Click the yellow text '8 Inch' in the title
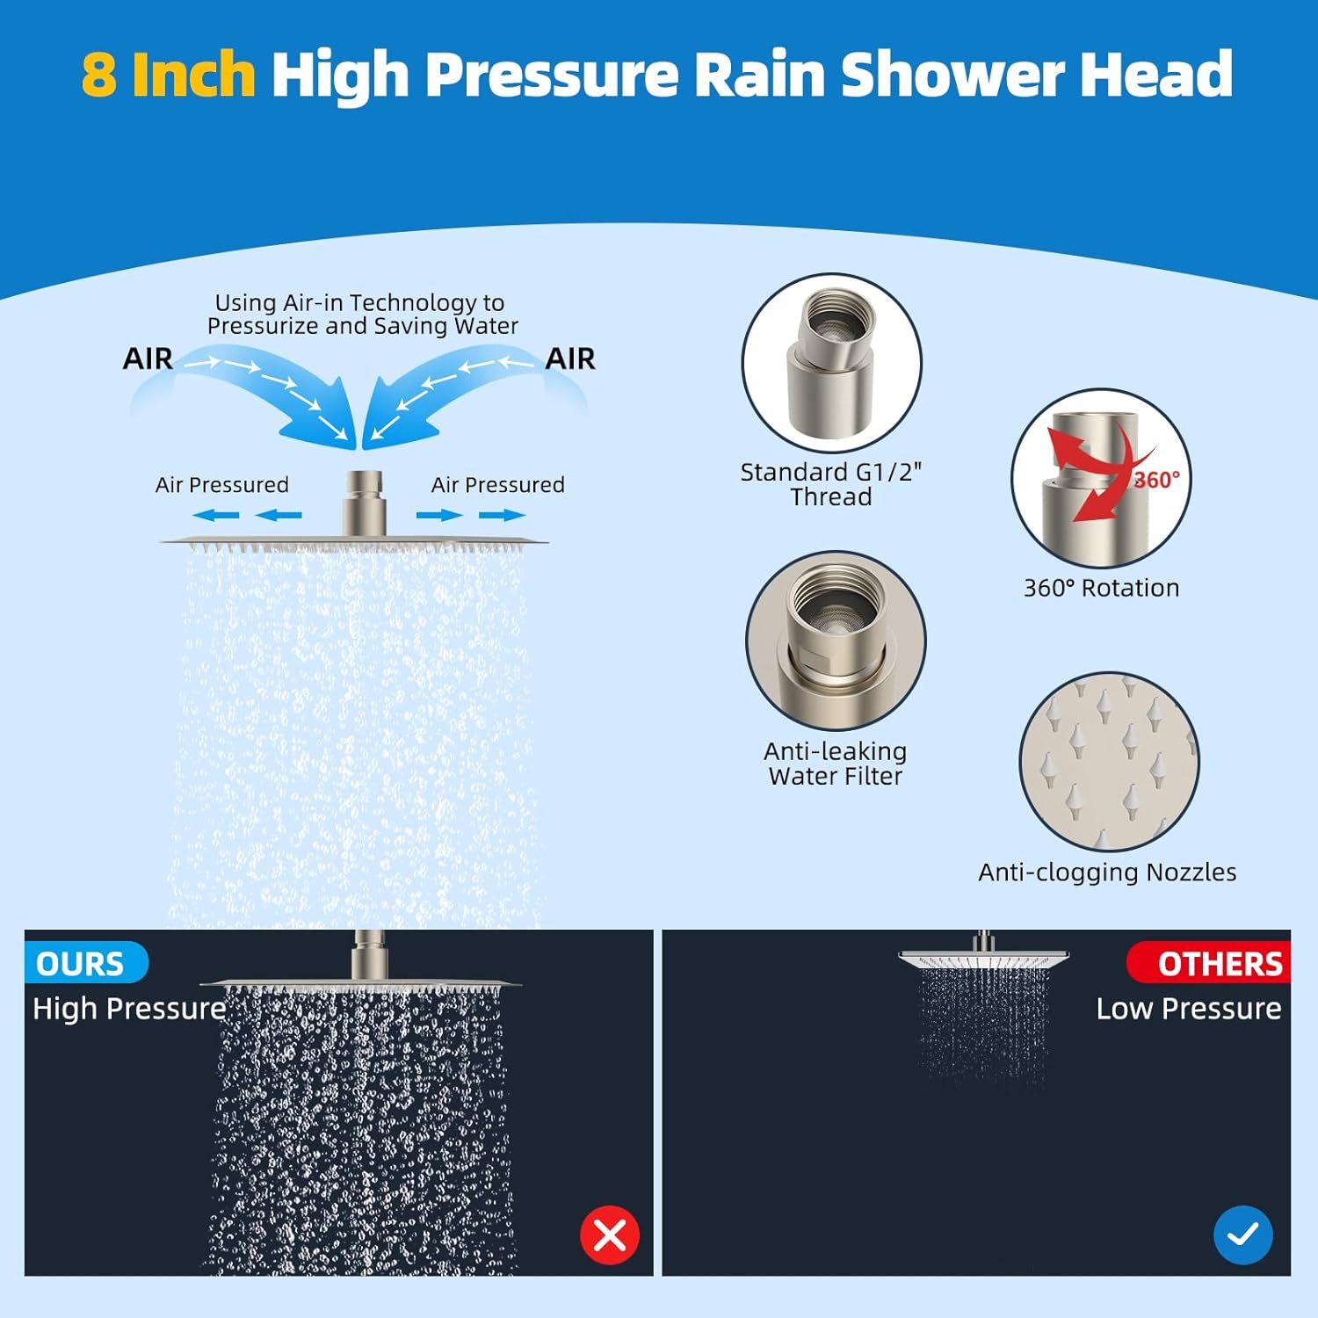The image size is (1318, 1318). pos(168,74)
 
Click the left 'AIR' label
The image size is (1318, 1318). pos(148,358)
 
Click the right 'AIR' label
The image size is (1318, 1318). pos(569,358)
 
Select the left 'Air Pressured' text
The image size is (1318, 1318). pos(221,485)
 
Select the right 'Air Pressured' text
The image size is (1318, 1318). pos(497,485)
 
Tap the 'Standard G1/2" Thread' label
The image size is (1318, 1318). pos(830,484)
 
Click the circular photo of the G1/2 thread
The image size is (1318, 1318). pos(831,363)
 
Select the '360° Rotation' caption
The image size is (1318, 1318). pos(1101,588)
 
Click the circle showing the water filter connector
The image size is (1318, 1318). pos(835,641)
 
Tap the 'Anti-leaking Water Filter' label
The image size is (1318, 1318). pos(835,764)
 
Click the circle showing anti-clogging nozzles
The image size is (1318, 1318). pos(1109,762)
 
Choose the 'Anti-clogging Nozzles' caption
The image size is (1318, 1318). pos(1107,873)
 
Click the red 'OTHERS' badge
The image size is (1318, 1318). pos(1213,964)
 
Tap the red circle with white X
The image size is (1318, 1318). pos(610,1235)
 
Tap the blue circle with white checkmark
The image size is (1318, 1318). pos(1242,1235)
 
